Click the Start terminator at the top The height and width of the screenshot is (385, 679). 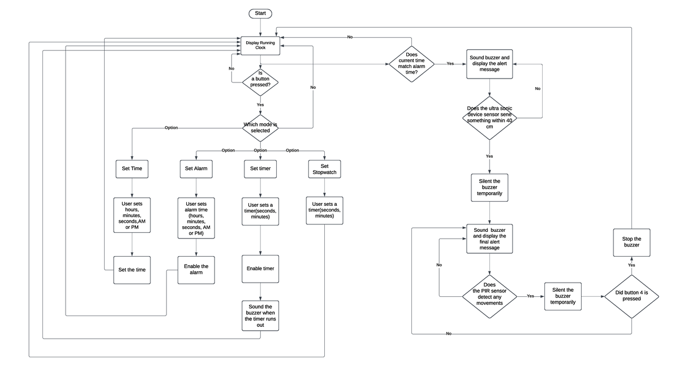tap(260, 13)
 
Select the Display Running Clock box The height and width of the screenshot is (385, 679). tap(260, 45)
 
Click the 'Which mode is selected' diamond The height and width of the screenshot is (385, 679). tap(260, 128)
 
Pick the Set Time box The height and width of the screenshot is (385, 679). tap(132, 168)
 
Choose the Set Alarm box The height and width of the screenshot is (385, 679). tap(196, 168)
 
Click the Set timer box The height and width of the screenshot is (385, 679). tap(260, 168)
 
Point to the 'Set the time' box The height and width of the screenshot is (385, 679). tap(132, 270)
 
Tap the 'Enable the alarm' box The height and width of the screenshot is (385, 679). tap(196, 270)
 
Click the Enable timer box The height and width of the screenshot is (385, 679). tap(260, 269)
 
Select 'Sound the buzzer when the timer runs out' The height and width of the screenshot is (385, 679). tap(260, 315)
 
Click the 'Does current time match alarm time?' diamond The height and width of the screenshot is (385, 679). tap(412, 64)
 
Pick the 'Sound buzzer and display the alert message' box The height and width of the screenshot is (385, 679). tap(489, 64)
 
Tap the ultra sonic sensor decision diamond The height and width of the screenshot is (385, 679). tap(489, 118)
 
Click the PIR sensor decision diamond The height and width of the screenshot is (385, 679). tap(489, 295)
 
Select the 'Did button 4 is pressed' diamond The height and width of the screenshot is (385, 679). tap(631, 296)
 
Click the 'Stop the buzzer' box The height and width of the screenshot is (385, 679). tap(631, 242)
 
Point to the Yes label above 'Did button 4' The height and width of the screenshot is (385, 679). tap(631, 265)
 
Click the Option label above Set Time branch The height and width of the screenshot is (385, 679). tap(171, 128)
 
